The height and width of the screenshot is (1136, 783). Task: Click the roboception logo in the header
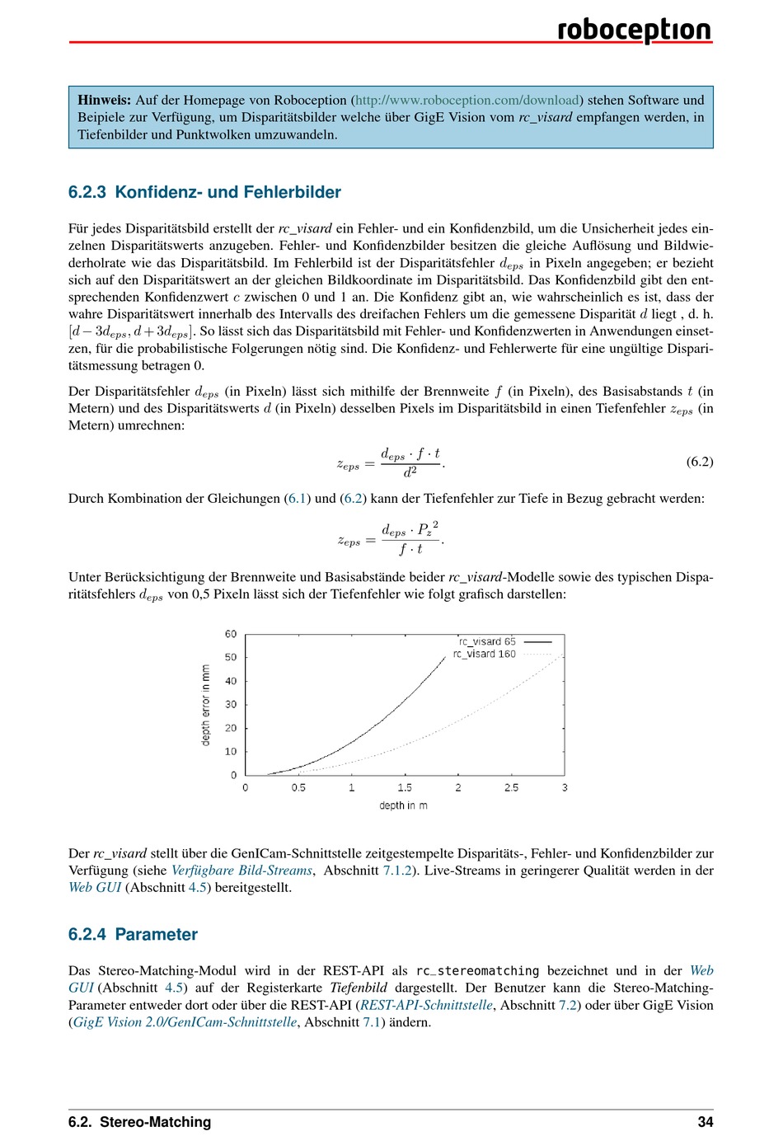point(634,30)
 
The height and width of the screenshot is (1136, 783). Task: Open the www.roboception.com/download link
point(468,100)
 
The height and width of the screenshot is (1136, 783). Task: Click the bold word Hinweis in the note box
point(104,100)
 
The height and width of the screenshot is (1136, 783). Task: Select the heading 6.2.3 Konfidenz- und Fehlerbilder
point(204,192)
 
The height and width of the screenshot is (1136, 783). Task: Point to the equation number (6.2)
point(699,462)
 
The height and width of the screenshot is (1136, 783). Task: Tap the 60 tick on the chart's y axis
point(231,634)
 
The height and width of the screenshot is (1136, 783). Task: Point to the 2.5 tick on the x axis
point(511,788)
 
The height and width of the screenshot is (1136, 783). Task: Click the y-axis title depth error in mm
point(206,705)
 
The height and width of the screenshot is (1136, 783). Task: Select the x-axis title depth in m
point(403,805)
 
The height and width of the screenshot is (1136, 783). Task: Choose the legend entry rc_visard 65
point(487,641)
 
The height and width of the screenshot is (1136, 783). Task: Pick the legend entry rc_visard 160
point(485,654)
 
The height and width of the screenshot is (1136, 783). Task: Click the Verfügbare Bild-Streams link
point(241,871)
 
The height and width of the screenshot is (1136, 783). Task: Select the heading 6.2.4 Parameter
point(133,934)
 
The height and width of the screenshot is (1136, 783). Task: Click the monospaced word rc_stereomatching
point(477,971)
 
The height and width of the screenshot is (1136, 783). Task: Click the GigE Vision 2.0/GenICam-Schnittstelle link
point(185,1022)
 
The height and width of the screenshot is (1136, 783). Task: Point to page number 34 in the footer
point(705,1121)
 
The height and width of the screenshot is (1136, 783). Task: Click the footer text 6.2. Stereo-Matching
point(139,1121)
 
